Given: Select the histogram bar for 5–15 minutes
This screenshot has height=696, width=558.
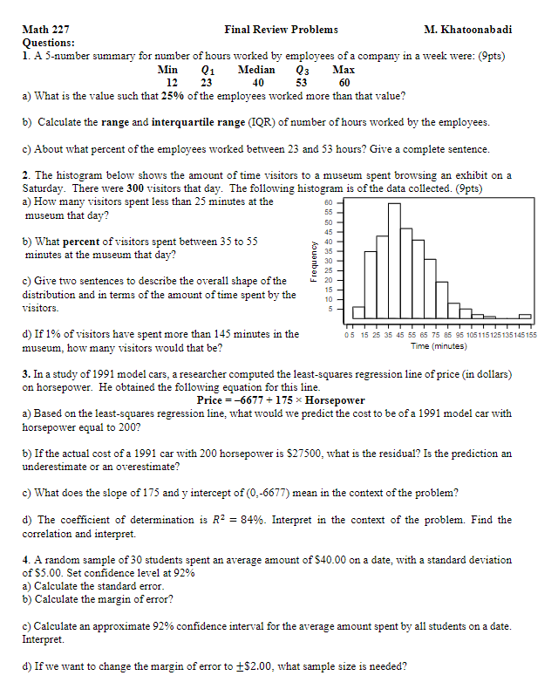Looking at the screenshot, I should (x=358, y=313).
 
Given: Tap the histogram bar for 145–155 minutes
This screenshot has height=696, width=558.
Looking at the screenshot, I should (x=525, y=317).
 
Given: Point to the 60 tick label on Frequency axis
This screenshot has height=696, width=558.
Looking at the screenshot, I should (x=329, y=202).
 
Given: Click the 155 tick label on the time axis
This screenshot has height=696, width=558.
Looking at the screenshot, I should (x=532, y=335).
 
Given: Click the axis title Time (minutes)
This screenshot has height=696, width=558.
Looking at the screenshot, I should (x=438, y=346).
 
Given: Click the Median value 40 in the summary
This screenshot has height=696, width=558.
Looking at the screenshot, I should (x=258, y=83).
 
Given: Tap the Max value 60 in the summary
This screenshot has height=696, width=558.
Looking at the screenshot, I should (x=344, y=83).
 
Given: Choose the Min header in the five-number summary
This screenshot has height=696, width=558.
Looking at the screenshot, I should (x=168, y=70).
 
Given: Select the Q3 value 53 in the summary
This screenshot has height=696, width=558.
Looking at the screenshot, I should (x=303, y=83).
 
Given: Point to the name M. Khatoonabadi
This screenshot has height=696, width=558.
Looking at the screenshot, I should (x=467, y=30).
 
